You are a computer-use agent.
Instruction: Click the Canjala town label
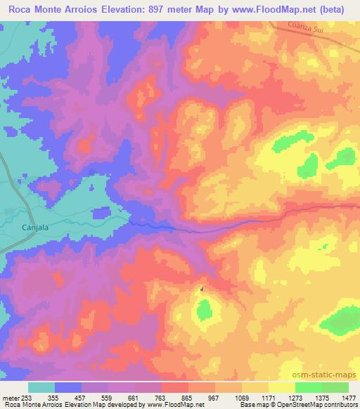34,228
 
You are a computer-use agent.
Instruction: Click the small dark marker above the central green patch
202,289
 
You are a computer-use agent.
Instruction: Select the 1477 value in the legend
349,398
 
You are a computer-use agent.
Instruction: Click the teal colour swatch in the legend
42,387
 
